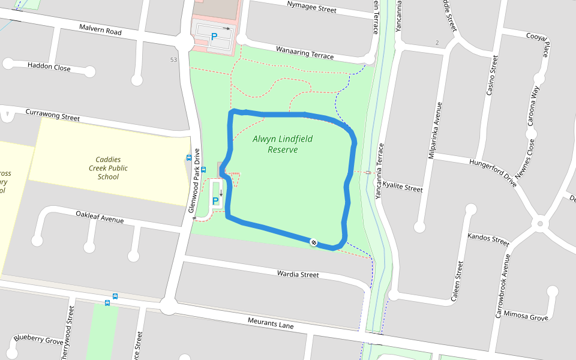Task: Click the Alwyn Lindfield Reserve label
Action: (x=282, y=144)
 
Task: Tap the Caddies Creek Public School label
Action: (x=108, y=168)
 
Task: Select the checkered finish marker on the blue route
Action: (x=313, y=242)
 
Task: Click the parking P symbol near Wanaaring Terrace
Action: (x=214, y=37)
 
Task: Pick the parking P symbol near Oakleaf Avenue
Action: (x=215, y=202)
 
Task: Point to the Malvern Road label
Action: (x=100, y=29)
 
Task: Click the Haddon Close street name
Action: (x=49, y=67)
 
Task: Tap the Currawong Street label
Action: (x=52, y=115)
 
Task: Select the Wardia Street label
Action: (x=298, y=274)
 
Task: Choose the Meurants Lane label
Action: (x=271, y=323)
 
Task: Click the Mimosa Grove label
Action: (x=526, y=316)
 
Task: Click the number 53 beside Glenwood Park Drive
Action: (x=173, y=59)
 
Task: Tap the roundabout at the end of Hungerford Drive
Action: (x=540, y=224)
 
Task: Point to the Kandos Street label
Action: (x=488, y=239)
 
